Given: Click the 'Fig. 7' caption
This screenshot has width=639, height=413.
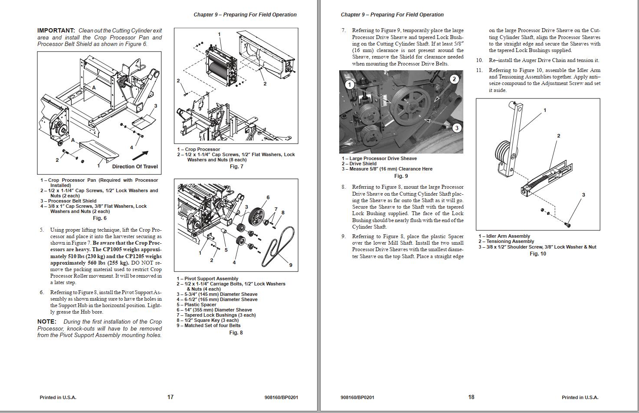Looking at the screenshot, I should (236, 167).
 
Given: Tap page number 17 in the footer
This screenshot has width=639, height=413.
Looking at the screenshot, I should (170, 397).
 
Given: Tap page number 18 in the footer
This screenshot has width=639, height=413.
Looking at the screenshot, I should (471, 397).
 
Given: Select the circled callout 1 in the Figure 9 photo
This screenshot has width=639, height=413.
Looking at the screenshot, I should (350, 85).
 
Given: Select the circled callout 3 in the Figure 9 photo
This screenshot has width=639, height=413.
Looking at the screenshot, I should (456, 128).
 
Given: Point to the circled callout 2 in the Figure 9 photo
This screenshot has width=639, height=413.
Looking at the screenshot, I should (454, 79).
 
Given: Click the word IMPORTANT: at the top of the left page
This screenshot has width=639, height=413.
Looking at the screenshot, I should (56, 31).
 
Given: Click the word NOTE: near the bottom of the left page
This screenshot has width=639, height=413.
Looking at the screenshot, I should (47, 321).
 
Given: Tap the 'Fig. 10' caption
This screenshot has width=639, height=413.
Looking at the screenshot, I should (538, 254).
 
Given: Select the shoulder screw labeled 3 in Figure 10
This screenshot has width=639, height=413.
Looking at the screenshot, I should (568, 225).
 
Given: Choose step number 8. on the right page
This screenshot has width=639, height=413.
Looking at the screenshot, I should (344, 187).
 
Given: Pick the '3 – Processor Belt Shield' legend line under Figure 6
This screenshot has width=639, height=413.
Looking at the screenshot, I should (69, 201).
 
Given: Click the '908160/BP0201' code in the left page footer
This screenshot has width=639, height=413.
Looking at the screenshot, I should (281, 397).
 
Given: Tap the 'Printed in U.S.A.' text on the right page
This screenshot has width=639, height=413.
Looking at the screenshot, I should (580, 397).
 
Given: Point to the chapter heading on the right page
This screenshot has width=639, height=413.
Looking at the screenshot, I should (392, 15).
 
